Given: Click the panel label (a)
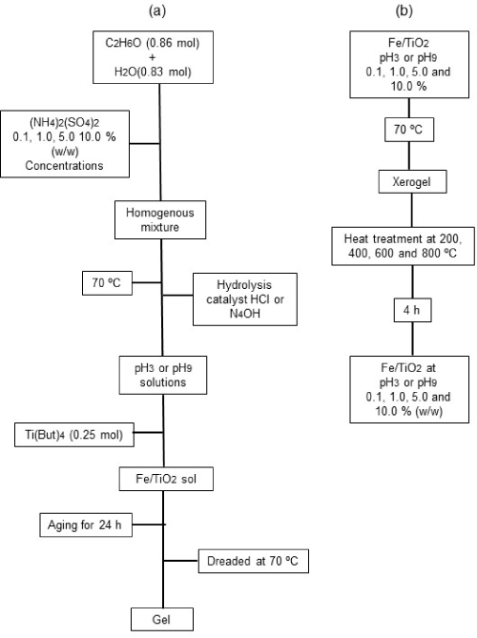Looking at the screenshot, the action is [157, 11].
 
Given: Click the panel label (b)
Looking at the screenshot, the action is [404, 11].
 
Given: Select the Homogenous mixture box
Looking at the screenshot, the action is [160, 219].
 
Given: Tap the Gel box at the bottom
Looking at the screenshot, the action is [162, 619].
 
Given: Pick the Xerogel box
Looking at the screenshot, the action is [412, 181].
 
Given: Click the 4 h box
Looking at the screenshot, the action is [412, 310].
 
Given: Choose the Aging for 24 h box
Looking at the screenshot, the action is [86, 525].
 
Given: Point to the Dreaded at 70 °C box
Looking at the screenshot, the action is [253, 561].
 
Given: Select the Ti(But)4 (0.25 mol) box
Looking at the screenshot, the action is [74, 435].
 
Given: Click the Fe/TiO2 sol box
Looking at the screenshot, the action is [166, 479].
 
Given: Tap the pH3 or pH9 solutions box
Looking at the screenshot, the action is [163, 375].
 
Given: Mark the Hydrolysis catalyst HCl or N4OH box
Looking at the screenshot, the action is [245, 299].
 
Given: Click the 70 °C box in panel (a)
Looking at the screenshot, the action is [107, 283].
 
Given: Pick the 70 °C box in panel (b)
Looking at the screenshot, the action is [409, 130].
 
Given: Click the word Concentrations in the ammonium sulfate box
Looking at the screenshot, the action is [64, 166].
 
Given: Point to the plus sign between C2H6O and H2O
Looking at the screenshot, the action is [153, 57].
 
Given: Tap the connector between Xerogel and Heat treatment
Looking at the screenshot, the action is [412, 211].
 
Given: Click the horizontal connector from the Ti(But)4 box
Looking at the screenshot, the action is [149, 432].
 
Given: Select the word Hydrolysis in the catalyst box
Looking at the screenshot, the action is [244, 285].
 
